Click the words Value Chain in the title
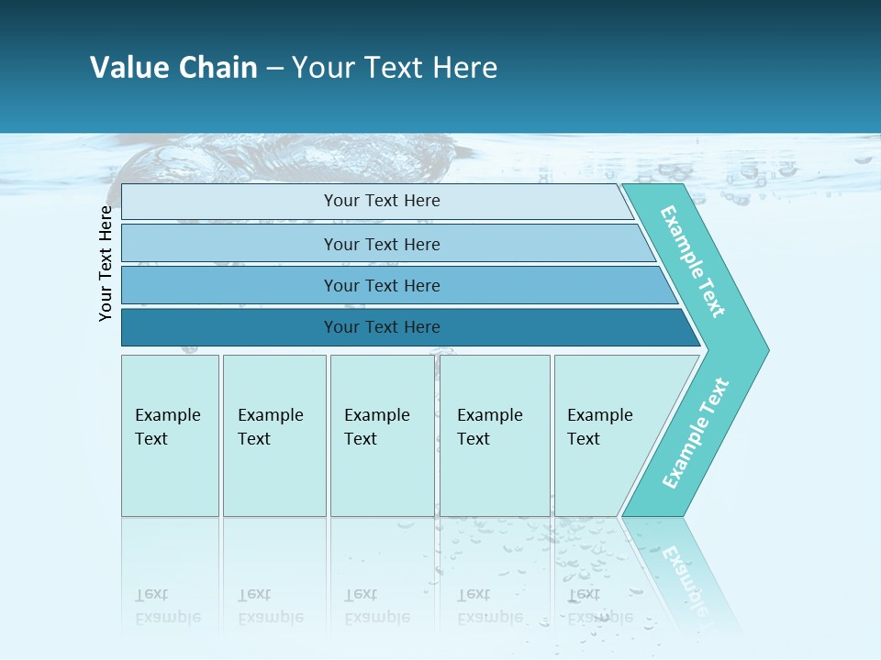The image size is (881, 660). [x=173, y=68]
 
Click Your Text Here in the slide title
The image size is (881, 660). [x=395, y=68]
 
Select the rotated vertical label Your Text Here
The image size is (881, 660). [x=106, y=264]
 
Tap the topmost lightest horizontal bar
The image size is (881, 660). [x=229, y=202]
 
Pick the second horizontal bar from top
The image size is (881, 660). [x=229, y=244]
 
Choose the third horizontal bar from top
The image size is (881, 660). [x=229, y=285]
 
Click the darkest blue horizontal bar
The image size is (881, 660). [x=229, y=327]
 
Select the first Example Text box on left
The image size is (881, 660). [x=170, y=477]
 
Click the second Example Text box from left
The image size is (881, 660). [x=273, y=477]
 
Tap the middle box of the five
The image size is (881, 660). [x=382, y=477]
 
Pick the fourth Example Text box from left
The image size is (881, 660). [x=495, y=477]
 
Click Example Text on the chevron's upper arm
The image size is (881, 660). [x=693, y=261]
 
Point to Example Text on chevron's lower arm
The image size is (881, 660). [x=696, y=434]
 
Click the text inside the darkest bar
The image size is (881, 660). [x=382, y=327]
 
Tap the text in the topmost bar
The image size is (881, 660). [x=382, y=201]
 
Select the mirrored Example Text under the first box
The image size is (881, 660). [x=167, y=606]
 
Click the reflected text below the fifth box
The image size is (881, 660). [x=599, y=606]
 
